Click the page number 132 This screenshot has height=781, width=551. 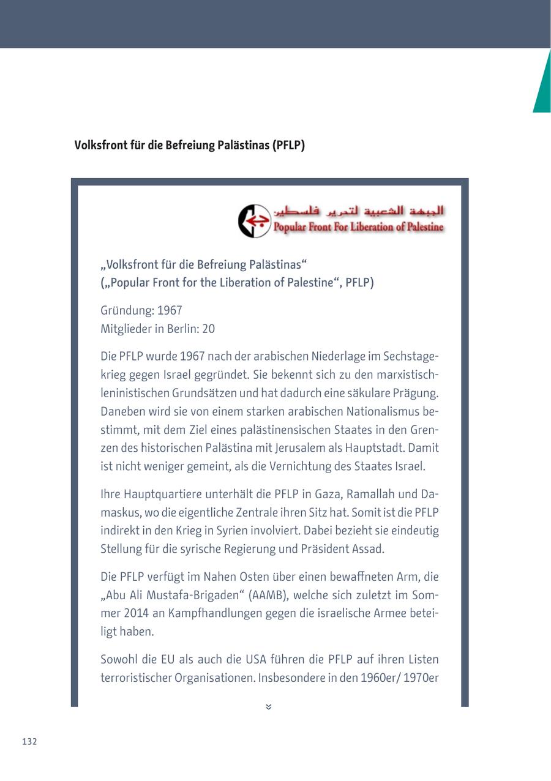[29, 742]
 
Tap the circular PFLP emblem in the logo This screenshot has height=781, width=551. [254, 221]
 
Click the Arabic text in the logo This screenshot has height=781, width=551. [359, 212]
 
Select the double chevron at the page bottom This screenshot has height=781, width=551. [269, 707]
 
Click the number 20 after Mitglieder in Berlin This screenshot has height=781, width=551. [208, 329]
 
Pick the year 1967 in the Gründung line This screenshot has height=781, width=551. [170, 310]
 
